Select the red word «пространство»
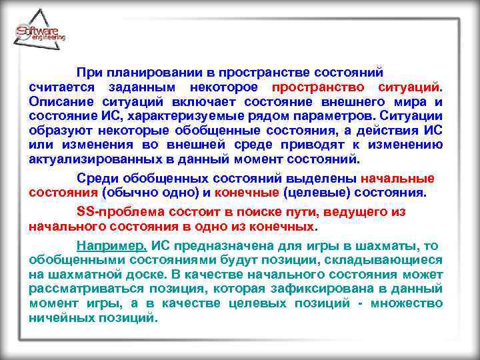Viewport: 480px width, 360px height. pos(318,87)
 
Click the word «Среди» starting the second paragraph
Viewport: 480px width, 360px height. pos(96,178)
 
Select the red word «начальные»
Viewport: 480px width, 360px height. pos(397,178)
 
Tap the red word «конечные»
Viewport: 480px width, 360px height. pos(248,193)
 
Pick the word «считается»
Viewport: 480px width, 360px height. pos(59,87)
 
